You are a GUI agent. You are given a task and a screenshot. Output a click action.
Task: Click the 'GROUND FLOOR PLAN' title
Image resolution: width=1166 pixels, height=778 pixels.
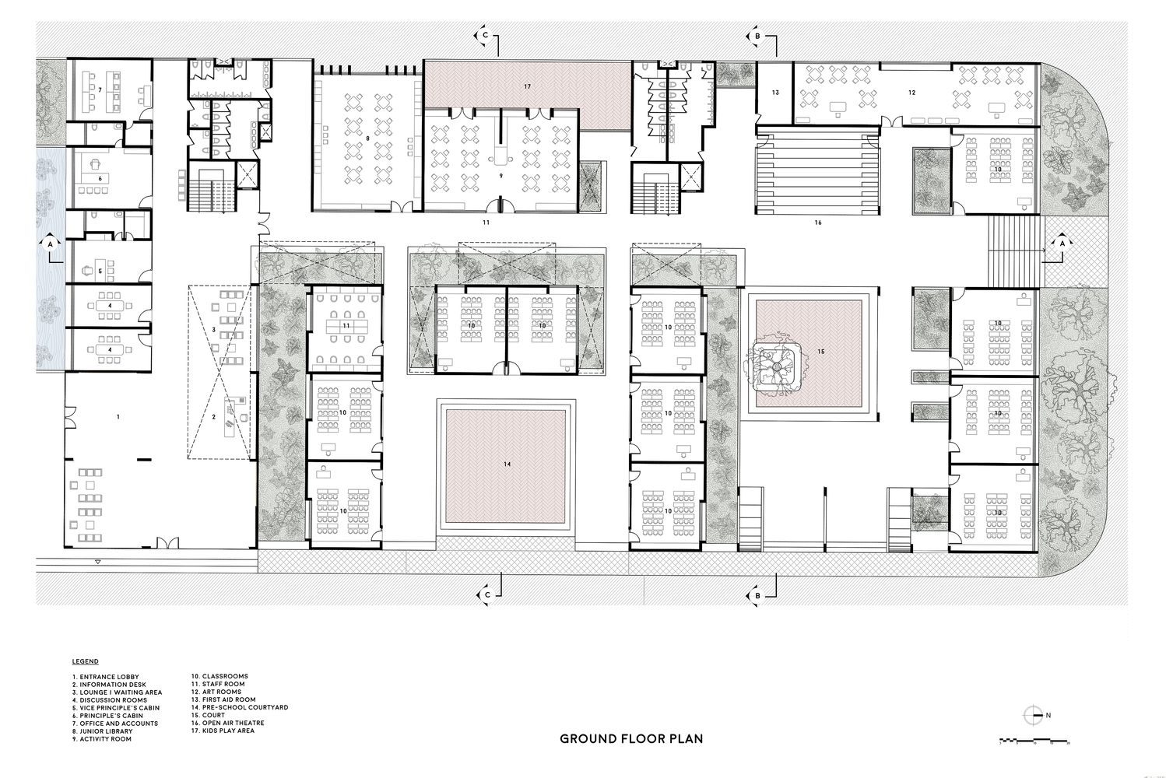click(631, 738)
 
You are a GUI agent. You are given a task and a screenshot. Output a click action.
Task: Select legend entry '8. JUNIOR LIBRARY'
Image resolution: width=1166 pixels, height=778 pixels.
click(102, 731)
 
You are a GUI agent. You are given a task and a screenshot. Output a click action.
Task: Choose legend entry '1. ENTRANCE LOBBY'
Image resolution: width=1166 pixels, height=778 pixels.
click(105, 677)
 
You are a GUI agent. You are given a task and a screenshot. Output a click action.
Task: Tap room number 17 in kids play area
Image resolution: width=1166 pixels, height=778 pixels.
click(527, 86)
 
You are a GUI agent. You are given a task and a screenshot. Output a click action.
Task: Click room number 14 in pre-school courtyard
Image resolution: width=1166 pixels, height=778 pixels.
click(507, 464)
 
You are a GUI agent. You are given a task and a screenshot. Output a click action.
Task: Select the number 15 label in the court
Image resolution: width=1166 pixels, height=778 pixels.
click(820, 352)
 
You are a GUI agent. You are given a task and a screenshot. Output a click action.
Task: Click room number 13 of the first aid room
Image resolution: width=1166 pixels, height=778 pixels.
click(774, 93)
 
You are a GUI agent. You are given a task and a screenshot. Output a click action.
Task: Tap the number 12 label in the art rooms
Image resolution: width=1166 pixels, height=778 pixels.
click(911, 93)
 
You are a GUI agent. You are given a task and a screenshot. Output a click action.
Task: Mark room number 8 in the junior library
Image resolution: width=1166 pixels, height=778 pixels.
click(367, 138)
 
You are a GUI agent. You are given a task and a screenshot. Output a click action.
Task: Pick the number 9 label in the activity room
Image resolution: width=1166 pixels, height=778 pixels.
click(501, 177)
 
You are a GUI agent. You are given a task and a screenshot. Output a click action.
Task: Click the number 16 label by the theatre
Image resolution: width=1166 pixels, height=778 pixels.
click(817, 223)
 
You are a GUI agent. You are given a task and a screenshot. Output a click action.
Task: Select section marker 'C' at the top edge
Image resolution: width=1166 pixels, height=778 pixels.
click(485, 36)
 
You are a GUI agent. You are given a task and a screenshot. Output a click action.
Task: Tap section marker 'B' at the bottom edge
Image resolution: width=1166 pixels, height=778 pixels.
click(757, 595)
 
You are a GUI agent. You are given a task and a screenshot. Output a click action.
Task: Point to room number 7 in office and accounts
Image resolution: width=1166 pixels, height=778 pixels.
click(100, 90)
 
